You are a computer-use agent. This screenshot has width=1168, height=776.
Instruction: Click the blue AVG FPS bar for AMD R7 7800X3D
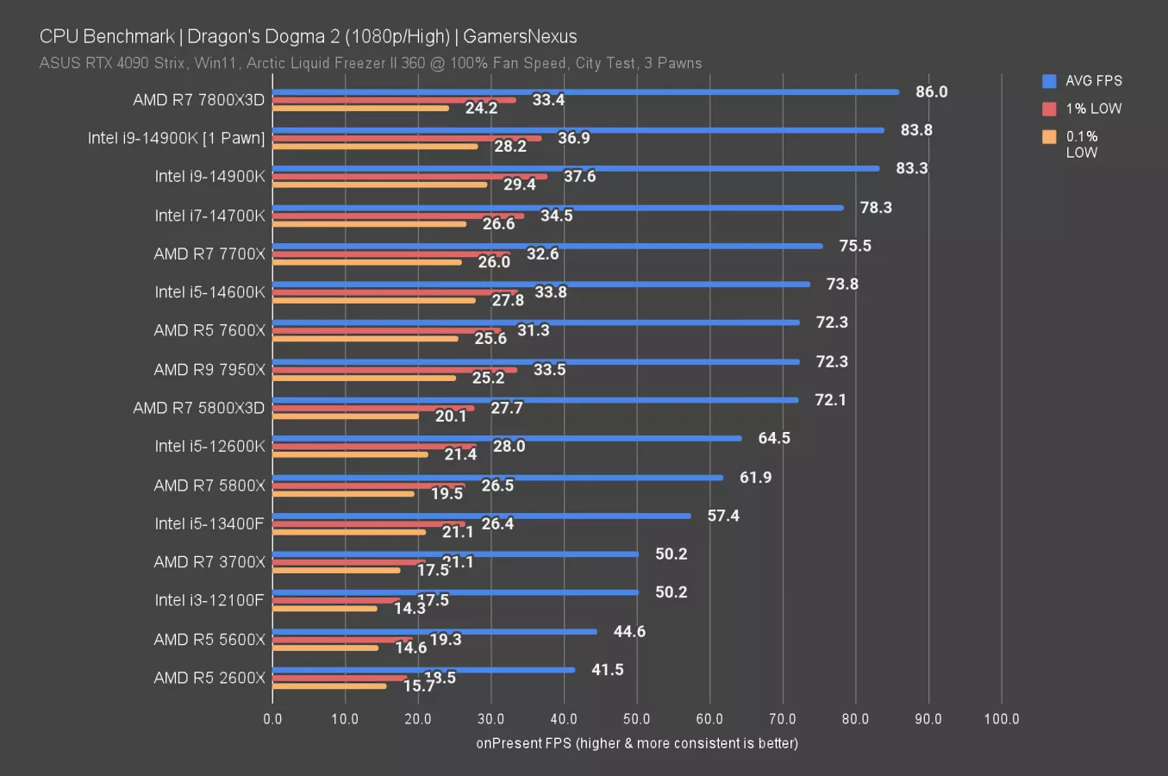(585, 91)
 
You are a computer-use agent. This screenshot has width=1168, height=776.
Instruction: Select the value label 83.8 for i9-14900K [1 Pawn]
(916, 130)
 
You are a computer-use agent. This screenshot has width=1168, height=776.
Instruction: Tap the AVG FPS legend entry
(1083, 81)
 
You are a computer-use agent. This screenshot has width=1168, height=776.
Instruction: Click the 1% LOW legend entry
(1083, 109)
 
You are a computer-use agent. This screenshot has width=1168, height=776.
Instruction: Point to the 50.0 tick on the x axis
(636, 719)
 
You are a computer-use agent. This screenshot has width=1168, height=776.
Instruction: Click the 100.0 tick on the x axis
(1001, 719)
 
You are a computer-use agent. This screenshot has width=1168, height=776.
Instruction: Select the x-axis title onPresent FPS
(637, 743)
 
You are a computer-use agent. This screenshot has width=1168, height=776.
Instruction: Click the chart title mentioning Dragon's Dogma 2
(308, 36)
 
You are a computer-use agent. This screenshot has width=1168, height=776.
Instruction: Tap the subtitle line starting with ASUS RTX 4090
(371, 63)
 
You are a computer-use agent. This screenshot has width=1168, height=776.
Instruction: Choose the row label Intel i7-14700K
(209, 216)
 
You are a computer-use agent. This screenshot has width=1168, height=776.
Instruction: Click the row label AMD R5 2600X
(209, 678)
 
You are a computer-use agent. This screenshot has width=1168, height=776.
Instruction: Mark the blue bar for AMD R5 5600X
(434, 631)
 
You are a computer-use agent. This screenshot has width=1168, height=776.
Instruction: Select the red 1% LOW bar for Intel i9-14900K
(409, 177)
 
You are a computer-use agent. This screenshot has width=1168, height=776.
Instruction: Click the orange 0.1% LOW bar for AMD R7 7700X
(366, 262)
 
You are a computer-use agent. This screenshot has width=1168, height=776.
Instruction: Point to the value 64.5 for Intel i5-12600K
(773, 438)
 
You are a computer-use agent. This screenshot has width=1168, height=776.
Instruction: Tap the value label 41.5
(607, 670)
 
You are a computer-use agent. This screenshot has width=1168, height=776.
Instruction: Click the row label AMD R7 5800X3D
(199, 408)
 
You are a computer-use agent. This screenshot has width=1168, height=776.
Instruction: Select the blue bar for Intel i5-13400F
(481, 516)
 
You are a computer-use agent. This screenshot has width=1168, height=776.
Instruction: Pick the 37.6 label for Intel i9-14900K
(579, 177)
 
